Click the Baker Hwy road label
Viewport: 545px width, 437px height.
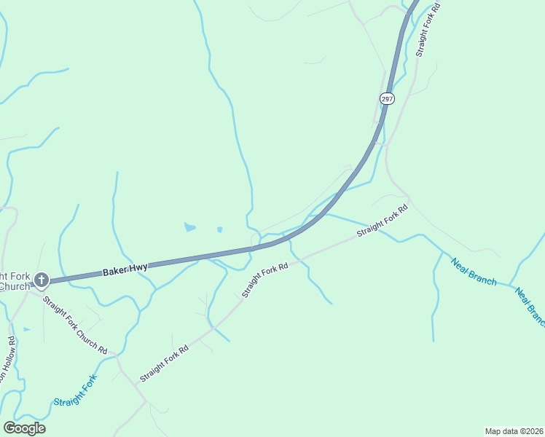pyautogui.click(x=125, y=269)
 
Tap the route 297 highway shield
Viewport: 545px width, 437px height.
pyautogui.click(x=387, y=98)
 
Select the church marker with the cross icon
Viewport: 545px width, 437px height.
pyautogui.click(x=42, y=279)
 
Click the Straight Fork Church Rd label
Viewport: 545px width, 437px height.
pyautogui.click(x=74, y=325)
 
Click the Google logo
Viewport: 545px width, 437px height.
pyautogui.click(x=24, y=428)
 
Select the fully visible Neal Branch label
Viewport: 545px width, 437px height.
pyautogui.click(x=474, y=272)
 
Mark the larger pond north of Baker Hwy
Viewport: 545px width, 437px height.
pyautogui.click(x=190, y=227)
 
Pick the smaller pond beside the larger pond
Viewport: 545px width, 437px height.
pyautogui.click(x=219, y=230)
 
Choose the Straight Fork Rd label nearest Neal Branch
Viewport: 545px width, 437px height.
pyautogui.click(x=382, y=220)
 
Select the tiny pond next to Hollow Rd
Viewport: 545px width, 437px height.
pyautogui.click(x=26, y=329)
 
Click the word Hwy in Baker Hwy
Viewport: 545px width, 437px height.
pyautogui.click(x=138, y=268)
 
